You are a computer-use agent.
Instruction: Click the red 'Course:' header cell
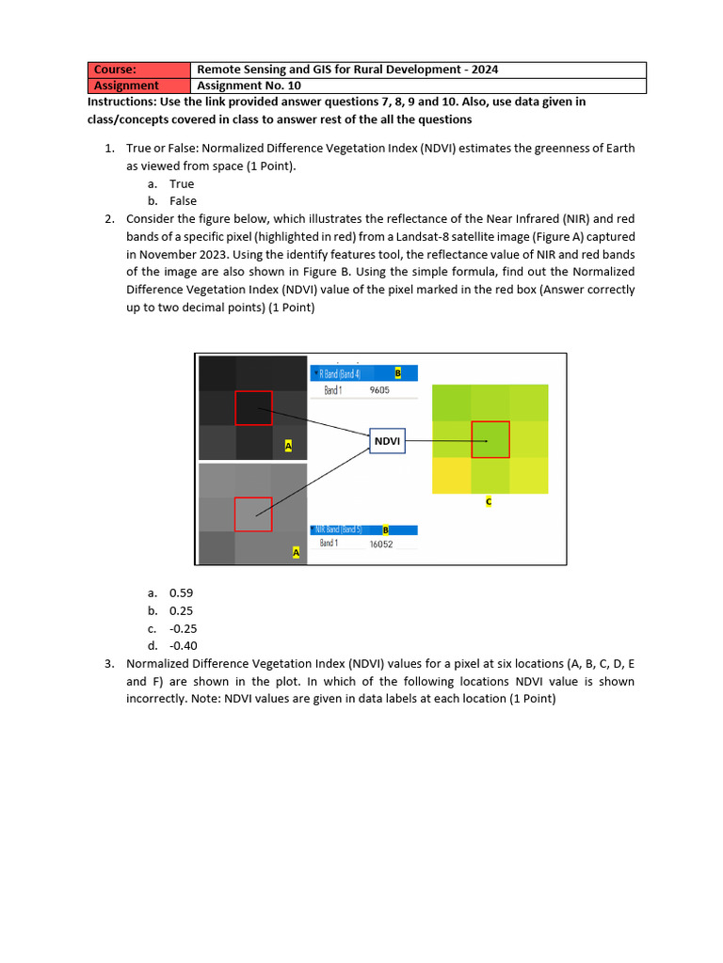(138, 70)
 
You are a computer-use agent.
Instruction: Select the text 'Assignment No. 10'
(249, 85)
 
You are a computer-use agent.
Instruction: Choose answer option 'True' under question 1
(182, 183)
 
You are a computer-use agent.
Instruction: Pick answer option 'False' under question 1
(183, 201)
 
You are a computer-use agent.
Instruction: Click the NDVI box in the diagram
(387, 439)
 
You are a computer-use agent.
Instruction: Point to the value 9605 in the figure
(379, 389)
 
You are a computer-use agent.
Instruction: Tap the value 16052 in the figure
(381, 544)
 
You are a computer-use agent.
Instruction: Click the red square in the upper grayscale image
(253, 408)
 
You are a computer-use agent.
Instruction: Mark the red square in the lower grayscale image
(252, 514)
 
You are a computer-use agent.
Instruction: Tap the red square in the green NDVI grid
(490, 439)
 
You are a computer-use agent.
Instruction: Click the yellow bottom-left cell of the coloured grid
(451, 475)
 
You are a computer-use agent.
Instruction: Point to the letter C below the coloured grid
(489, 502)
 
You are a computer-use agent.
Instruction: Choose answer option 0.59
(181, 592)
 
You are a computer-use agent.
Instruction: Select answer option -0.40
(184, 645)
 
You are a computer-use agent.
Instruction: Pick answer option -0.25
(184, 628)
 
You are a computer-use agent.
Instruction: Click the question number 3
(109, 663)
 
